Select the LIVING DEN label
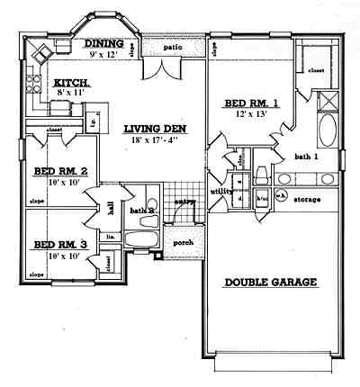(155, 129)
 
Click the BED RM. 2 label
(60, 171)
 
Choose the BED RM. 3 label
(60, 244)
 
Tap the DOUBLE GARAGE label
(271, 282)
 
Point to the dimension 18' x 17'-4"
(155, 140)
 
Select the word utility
(221, 193)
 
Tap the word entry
(184, 202)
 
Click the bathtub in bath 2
(139, 241)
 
